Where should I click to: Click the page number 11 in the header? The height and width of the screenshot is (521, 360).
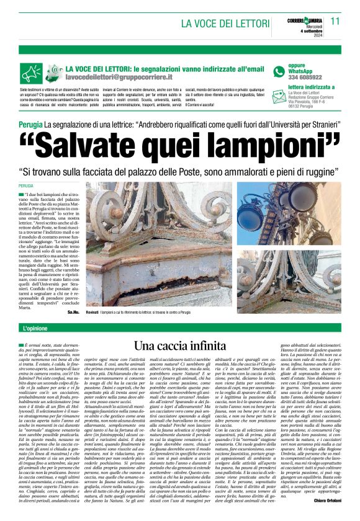point(336,20)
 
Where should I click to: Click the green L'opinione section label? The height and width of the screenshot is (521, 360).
point(37,327)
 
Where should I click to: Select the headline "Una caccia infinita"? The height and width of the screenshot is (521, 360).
point(179,345)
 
